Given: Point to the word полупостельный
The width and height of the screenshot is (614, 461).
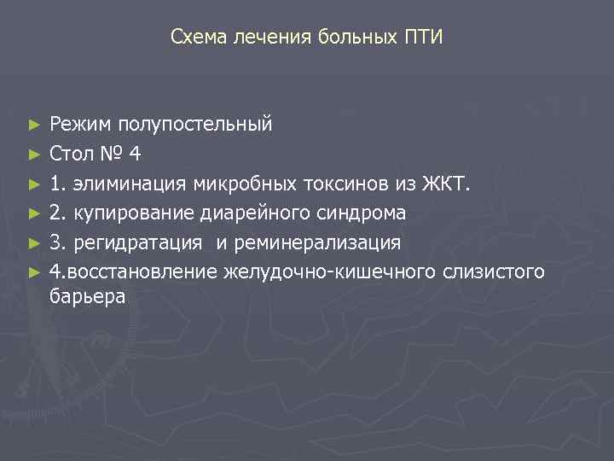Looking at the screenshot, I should point(195,125).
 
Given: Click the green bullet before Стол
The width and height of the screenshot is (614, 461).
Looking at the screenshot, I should point(33,155).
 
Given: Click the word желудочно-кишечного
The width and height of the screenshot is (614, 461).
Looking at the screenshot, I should point(332,272).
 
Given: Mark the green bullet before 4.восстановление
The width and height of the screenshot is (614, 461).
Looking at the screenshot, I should point(33,272).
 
